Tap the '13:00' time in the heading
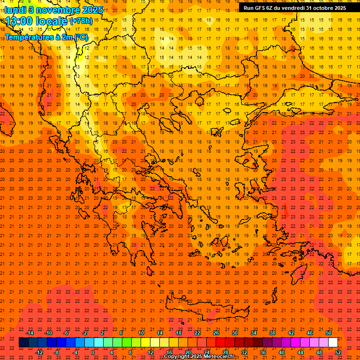(x=19, y=21)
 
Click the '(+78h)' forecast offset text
(x=81, y=21)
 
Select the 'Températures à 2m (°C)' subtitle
(x=46, y=37)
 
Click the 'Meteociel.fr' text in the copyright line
(x=219, y=357)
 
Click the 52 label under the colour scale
(x=338, y=352)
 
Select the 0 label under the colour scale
(x=93, y=352)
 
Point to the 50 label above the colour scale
(x=329, y=333)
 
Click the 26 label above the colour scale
(x=216, y=333)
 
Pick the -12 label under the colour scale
(x=39, y=352)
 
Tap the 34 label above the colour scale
(x=254, y=333)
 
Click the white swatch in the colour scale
(x=333, y=343)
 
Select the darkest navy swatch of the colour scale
(x=24, y=343)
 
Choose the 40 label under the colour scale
(x=282, y=352)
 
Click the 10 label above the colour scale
(x=141, y=333)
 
